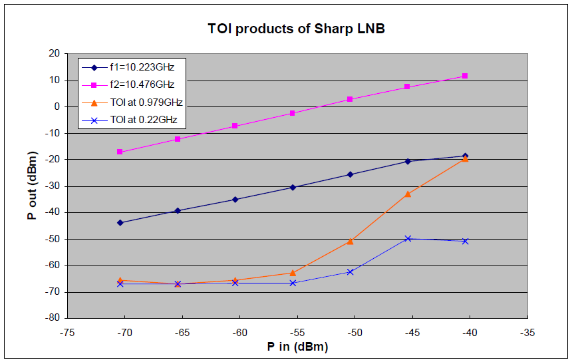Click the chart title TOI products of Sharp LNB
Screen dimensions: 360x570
click(x=297, y=29)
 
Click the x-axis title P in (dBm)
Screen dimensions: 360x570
click(x=297, y=347)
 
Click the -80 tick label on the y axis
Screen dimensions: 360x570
click(x=52, y=318)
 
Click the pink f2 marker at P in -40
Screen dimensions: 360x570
click(x=465, y=76)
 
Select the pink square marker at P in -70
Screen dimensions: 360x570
click(x=120, y=152)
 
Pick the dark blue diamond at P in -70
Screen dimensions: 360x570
click(x=120, y=222)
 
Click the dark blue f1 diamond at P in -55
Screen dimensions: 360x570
click(x=293, y=187)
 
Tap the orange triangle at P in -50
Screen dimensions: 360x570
click(x=350, y=241)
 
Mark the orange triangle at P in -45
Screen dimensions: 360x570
click(x=408, y=194)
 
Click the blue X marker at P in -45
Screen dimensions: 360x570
click(x=408, y=238)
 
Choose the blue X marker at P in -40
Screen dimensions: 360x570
click(x=465, y=241)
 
